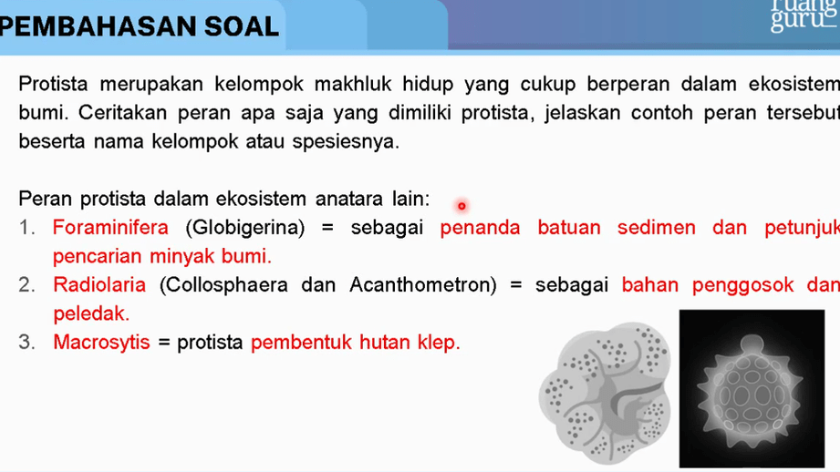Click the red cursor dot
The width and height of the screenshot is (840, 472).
click(x=461, y=206)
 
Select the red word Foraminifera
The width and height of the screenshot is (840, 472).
click(x=110, y=228)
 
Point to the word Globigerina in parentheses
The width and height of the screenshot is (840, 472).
click(x=244, y=228)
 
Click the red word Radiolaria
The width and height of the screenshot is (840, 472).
click(x=99, y=284)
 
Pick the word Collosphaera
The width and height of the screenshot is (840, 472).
click(x=227, y=285)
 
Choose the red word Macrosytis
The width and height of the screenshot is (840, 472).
click(x=102, y=342)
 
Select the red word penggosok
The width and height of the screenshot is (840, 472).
click(x=743, y=285)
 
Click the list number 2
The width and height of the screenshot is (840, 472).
click(x=26, y=284)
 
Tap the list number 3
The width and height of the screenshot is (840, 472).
click(x=26, y=342)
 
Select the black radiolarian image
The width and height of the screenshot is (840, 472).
click(x=752, y=388)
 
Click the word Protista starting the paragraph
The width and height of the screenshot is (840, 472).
click(x=53, y=84)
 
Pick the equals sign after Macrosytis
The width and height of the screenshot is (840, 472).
click(x=164, y=343)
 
